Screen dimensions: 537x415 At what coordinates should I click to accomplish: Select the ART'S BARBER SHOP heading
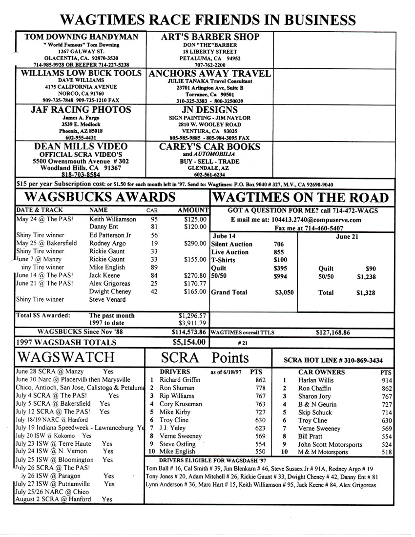point(210,38)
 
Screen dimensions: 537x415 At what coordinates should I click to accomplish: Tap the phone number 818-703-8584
point(81,174)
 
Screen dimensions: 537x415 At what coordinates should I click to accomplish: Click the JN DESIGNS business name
point(210,110)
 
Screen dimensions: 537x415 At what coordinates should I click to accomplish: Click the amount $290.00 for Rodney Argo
point(195,243)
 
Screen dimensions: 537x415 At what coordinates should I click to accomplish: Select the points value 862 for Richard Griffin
point(260,379)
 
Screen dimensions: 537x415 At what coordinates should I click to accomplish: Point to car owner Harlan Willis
point(318,380)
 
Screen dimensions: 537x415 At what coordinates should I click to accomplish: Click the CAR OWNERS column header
point(321,372)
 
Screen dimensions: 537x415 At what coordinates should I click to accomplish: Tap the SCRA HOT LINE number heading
point(340,360)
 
